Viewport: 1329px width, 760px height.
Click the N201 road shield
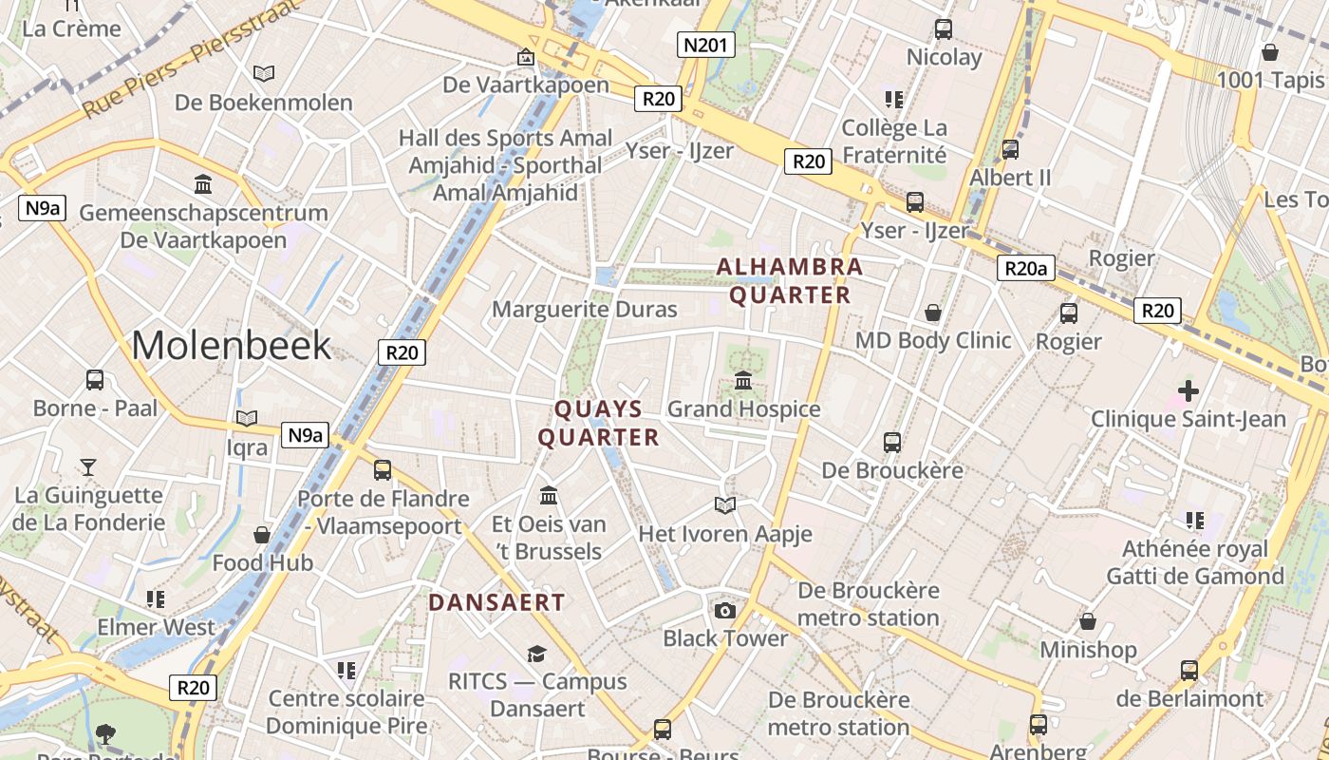(x=706, y=44)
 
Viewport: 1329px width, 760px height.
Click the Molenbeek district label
(x=232, y=345)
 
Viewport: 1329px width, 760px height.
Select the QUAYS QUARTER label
(x=598, y=423)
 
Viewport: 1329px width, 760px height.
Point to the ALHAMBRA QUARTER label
(x=790, y=280)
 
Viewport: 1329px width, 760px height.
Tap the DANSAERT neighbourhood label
(x=496, y=602)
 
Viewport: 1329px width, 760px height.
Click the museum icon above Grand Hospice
(x=743, y=381)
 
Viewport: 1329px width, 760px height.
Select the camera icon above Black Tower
(x=725, y=610)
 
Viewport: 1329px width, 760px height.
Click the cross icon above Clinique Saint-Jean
(x=1188, y=390)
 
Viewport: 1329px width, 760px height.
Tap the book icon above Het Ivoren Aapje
(x=725, y=505)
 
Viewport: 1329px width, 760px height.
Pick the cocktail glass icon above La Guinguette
(x=88, y=466)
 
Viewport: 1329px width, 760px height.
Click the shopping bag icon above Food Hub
(x=262, y=535)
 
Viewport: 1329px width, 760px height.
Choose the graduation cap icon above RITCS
(x=537, y=654)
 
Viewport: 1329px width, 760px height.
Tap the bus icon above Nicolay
(x=943, y=28)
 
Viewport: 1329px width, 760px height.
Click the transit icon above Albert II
(x=1010, y=149)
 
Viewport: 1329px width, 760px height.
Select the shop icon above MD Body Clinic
(x=933, y=313)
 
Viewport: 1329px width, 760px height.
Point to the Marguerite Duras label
(x=585, y=309)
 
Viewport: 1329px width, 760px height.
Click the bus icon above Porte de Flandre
(x=383, y=469)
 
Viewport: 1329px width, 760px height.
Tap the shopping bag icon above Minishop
(x=1088, y=621)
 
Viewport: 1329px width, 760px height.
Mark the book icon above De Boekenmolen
(x=264, y=73)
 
